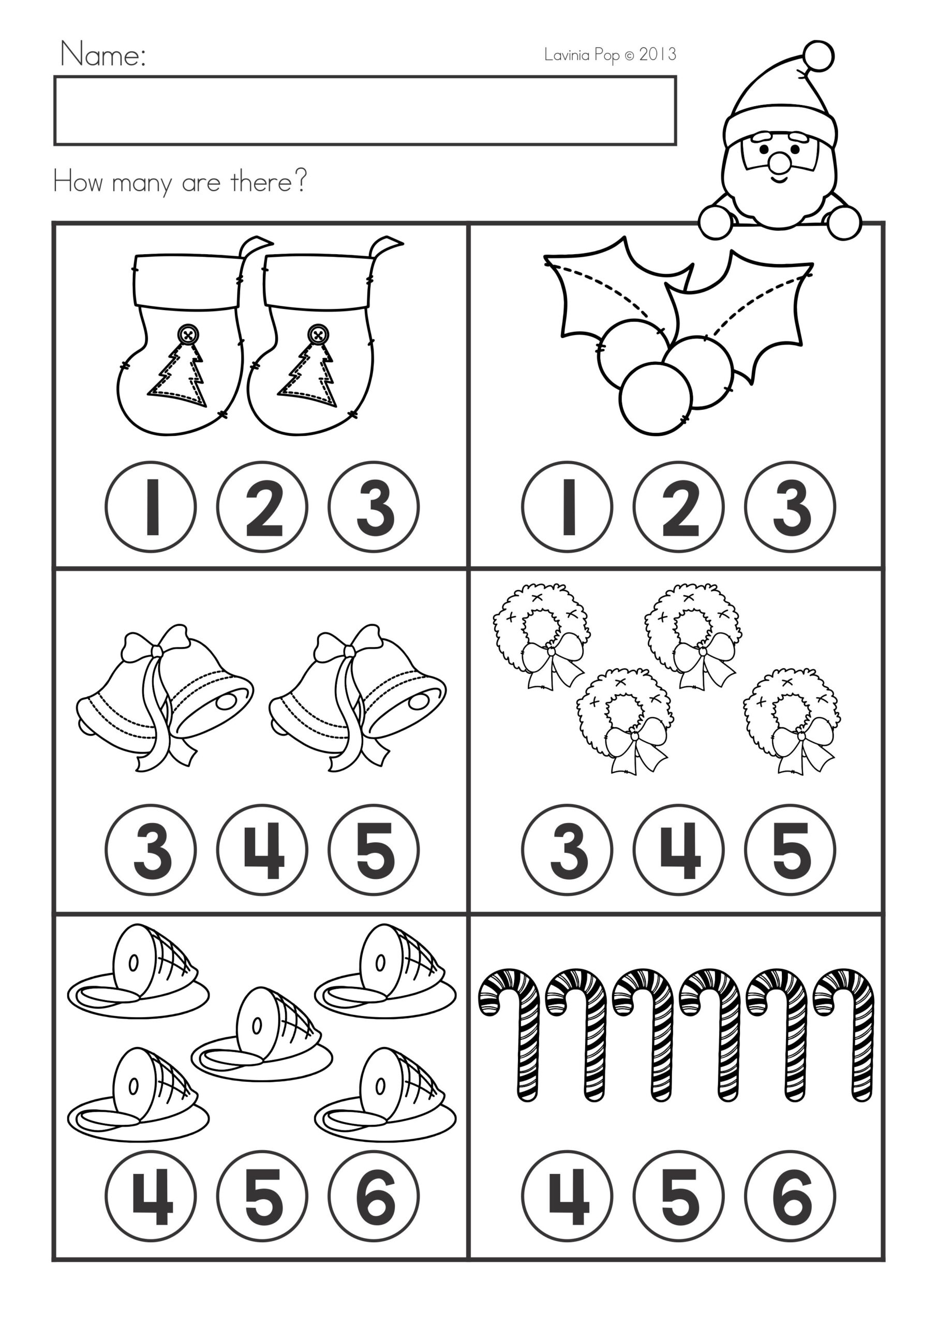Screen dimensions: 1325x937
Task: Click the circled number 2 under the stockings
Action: click(262, 507)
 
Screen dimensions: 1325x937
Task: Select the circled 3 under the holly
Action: click(790, 507)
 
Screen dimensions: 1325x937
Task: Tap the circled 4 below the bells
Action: click(262, 850)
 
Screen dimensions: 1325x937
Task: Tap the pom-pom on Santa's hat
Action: click(818, 56)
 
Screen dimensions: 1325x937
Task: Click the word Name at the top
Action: click(102, 55)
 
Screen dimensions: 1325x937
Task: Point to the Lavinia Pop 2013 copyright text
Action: click(610, 55)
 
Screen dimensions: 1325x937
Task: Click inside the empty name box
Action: click(365, 110)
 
